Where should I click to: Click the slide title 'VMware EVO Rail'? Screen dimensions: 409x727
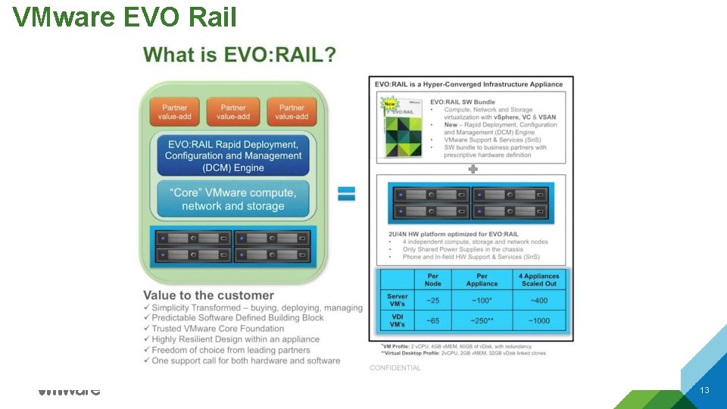[x=125, y=16]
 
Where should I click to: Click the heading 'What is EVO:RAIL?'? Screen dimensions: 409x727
[x=240, y=55]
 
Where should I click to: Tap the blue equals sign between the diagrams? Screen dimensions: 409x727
[x=346, y=193]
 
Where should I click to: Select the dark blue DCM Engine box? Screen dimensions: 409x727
[x=233, y=155]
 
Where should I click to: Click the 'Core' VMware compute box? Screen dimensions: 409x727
[x=233, y=199]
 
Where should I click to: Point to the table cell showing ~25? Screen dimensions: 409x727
[x=432, y=301]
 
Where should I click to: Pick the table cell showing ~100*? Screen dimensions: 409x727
[x=482, y=301]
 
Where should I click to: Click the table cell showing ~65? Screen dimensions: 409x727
[x=432, y=321]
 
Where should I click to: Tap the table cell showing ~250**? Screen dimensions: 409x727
[x=482, y=321]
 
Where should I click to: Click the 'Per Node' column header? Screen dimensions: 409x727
[x=432, y=279]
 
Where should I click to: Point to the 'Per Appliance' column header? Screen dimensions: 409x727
[x=482, y=279]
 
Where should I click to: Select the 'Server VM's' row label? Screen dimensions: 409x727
[x=397, y=300]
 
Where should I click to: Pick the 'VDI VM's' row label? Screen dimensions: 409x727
[x=397, y=320]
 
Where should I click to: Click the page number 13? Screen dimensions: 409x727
[x=704, y=390]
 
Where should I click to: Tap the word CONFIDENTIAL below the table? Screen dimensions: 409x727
[x=395, y=368]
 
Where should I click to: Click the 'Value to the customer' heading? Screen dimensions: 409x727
[x=208, y=295]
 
